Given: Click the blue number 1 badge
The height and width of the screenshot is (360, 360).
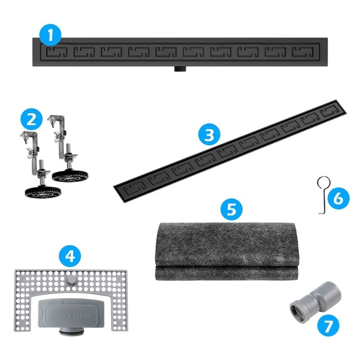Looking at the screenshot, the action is pyautogui.click(x=50, y=36).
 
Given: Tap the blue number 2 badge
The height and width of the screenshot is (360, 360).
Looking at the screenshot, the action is pyautogui.click(x=31, y=119).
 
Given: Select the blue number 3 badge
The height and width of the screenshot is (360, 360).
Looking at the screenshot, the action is pyautogui.click(x=209, y=135).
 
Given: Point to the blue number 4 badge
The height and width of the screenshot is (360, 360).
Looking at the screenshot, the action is pyautogui.click(x=70, y=256).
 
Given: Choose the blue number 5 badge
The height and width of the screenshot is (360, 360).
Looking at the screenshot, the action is pyautogui.click(x=231, y=209).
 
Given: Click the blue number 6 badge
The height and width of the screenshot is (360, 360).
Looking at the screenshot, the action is pyautogui.click(x=338, y=198).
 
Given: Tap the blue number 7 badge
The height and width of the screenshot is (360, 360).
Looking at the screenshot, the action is pyautogui.click(x=328, y=325).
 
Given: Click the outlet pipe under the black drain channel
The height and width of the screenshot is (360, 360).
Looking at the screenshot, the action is pyautogui.click(x=180, y=69).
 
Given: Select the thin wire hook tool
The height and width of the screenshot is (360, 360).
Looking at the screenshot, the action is pyautogui.click(x=323, y=195).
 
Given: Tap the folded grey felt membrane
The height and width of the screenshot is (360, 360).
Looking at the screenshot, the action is pyautogui.click(x=227, y=251).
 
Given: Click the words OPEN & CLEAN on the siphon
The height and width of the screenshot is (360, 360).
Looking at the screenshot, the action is pyautogui.click(x=71, y=316).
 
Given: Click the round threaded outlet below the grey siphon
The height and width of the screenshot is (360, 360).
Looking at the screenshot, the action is pyautogui.click(x=71, y=332).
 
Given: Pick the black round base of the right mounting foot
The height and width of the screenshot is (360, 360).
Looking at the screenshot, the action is pyautogui.click(x=70, y=175).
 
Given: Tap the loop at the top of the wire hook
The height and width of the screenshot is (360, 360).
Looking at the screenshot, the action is pyautogui.click(x=323, y=182).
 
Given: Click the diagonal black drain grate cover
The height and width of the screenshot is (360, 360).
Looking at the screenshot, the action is pyautogui.click(x=230, y=152).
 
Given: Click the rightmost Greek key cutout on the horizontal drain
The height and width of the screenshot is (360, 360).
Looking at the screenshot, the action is pyautogui.click(x=302, y=52).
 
